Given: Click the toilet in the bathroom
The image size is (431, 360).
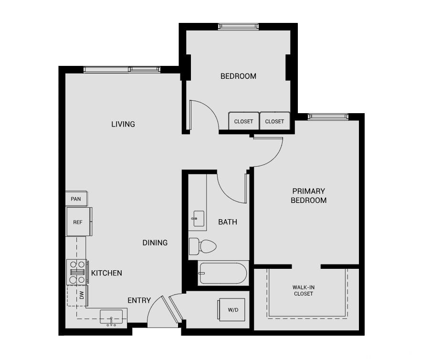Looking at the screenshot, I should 203,246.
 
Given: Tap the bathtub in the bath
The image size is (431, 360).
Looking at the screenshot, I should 223,273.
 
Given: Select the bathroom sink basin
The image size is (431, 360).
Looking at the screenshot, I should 199,219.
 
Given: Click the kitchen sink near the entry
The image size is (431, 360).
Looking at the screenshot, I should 111,317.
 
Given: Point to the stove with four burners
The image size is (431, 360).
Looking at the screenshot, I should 76,272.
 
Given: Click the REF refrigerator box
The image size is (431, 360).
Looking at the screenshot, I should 77,222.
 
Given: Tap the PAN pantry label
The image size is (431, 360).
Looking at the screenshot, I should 75,199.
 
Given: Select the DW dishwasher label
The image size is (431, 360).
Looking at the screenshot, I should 82,296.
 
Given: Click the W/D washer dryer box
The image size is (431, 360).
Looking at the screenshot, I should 232,309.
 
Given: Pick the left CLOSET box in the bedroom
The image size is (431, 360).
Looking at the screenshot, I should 243,121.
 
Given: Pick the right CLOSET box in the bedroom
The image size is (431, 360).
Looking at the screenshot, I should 274,121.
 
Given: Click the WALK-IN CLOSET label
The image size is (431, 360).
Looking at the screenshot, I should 304,290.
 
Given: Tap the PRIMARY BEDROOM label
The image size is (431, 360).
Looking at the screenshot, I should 309,196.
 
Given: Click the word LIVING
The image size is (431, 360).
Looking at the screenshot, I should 123,124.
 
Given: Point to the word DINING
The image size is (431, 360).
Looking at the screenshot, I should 155,243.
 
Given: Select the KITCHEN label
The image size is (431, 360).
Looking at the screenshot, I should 106,273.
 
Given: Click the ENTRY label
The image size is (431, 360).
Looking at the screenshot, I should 139,300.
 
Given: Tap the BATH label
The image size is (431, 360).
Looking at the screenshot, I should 228,222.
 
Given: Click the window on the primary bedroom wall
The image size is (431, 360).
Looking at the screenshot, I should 328,116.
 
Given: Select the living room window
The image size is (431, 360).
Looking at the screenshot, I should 122,70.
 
